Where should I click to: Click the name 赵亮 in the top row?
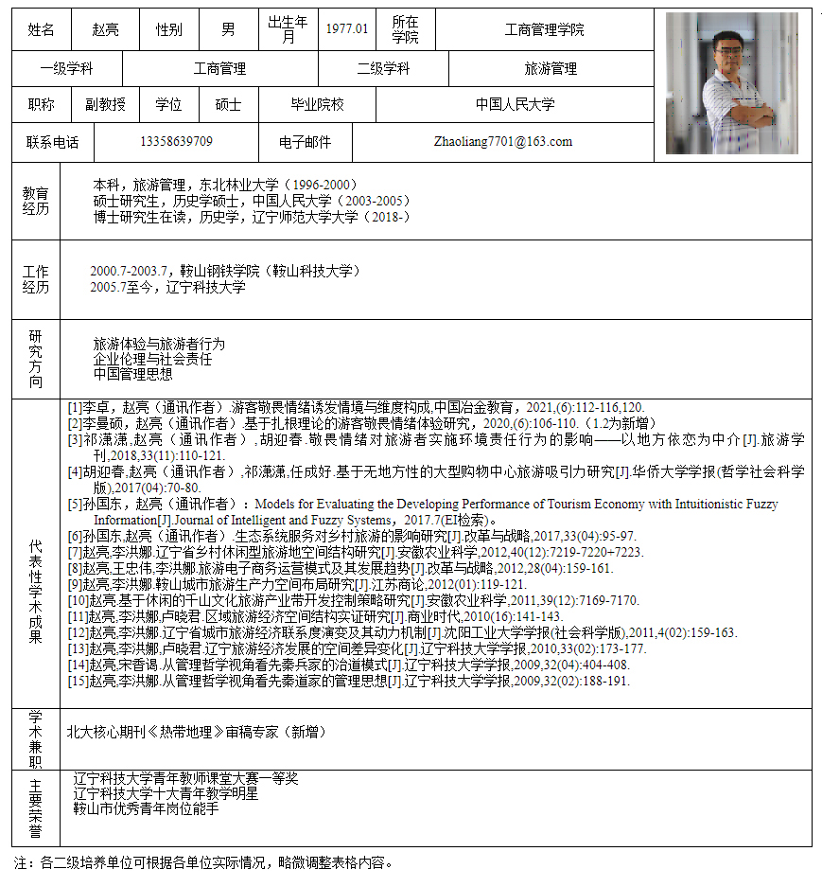pyautogui.click(x=105, y=29)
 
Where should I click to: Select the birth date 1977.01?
pyautogui.click(x=347, y=28)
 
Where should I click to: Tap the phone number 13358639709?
pyautogui.click(x=176, y=142)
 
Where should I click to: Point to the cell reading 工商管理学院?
pyautogui.click(x=544, y=29)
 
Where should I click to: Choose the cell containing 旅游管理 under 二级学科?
pyautogui.click(x=551, y=68)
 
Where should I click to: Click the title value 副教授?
pyautogui.click(x=105, y=104)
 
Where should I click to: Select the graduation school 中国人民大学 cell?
pyautogui.click(x=515, y=104)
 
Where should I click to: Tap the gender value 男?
pyautogui.click(x=228, y=29)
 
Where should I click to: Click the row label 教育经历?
pyautogui.click(x=36, y=201)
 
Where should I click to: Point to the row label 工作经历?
pyautogui.click(x=36, y=279)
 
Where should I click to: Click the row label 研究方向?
pyautogui.click(x=36, y=359)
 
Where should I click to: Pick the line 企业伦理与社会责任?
pyautogui.click(x=152, y=360)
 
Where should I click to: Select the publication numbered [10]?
pyautogui.click(x=353, y=600)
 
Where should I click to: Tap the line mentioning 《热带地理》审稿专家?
pyautogui.click(x=196, y=731)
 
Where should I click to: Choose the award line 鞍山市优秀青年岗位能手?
pyautogui.click(x=146, y=809)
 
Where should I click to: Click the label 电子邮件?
pyautogui.click(x=305, y=142)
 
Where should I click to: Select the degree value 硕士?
pyautogui.click(x=228, y=104)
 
